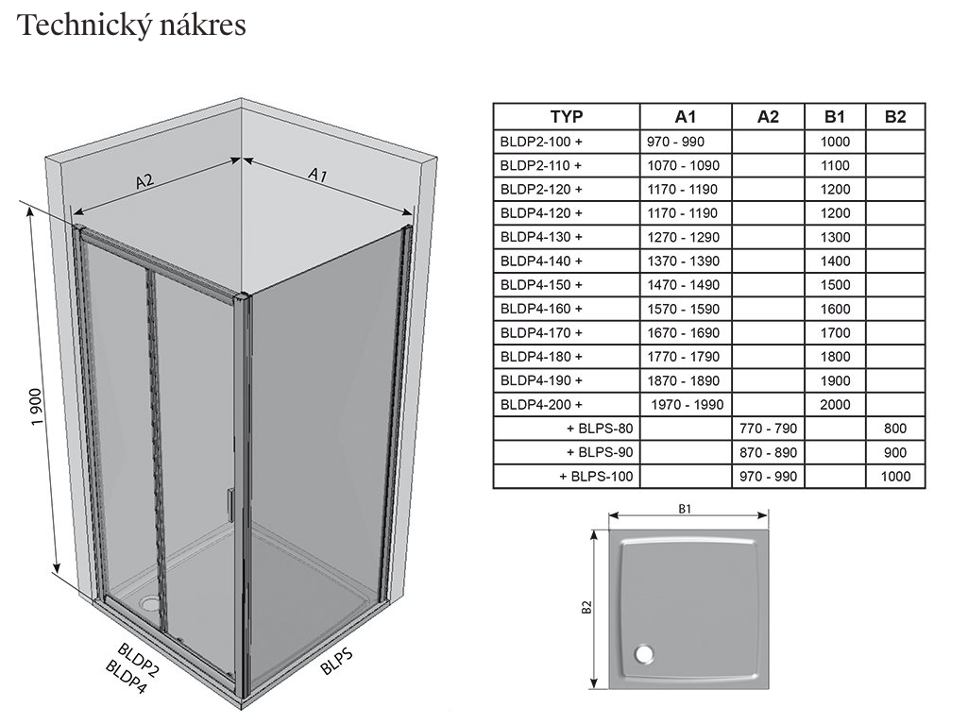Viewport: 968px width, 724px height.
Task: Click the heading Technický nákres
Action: [132, 25]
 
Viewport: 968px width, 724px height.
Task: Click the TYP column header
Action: [567, 117]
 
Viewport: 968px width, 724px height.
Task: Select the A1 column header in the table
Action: [686, 117]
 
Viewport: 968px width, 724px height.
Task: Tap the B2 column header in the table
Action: [895, 117]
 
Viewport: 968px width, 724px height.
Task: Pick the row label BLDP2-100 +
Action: [540, 142]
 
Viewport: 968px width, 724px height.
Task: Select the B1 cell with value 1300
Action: [835, 237]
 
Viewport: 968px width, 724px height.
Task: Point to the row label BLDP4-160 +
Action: [540, 309]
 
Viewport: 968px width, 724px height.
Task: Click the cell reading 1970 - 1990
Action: [687, 405]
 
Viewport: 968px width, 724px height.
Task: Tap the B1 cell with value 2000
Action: [835, 405]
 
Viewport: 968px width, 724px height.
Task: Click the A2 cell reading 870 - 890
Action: [768, 452]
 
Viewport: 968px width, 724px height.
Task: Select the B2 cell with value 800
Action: [895, 429]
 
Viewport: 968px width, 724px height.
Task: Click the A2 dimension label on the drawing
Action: [144, 181]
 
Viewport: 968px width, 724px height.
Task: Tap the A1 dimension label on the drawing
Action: [318, 175]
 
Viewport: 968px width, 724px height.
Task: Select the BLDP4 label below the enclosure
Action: [127, 678]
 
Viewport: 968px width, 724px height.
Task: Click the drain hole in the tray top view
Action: [646, 652]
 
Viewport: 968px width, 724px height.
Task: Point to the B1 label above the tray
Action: [687, 508]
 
